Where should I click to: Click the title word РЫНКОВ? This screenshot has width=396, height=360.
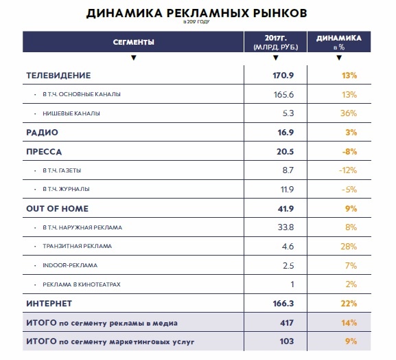tap(280, 13)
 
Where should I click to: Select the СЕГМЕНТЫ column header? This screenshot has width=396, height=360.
tap(133, 42)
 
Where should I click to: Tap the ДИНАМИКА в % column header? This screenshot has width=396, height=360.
tap(339, 42)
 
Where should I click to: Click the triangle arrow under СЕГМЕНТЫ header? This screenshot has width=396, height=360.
tap(134, 58)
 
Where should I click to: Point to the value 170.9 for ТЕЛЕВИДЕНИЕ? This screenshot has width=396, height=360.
tap(283, 76)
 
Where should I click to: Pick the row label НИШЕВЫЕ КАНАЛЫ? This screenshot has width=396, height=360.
tap(71, 113)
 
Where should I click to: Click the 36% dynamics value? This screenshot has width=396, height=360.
tap(349, 113)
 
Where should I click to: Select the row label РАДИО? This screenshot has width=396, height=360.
tap(42, 133)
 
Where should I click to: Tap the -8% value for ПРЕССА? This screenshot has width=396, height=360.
tap(349, 152)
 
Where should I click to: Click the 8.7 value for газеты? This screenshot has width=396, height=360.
tap(288, 170)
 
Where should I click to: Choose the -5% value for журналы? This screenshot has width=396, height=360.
tap(349, 190)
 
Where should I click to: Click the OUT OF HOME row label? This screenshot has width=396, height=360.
tap(58, 209)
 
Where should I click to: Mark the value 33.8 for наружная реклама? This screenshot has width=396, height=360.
tap(286, 227)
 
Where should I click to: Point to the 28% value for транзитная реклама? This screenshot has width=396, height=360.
tap(349, 246)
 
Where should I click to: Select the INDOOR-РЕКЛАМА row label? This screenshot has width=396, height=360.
tap(70, 265)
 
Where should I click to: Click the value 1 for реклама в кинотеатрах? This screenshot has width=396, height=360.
tap(292, 284)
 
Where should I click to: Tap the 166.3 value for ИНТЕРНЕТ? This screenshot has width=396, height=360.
tap(283, 304)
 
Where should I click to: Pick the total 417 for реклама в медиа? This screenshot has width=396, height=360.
tap(287, 323)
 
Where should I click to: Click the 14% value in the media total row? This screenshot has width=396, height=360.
tap(349, 323)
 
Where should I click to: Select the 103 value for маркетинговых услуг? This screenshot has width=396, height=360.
tap(287, 341)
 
